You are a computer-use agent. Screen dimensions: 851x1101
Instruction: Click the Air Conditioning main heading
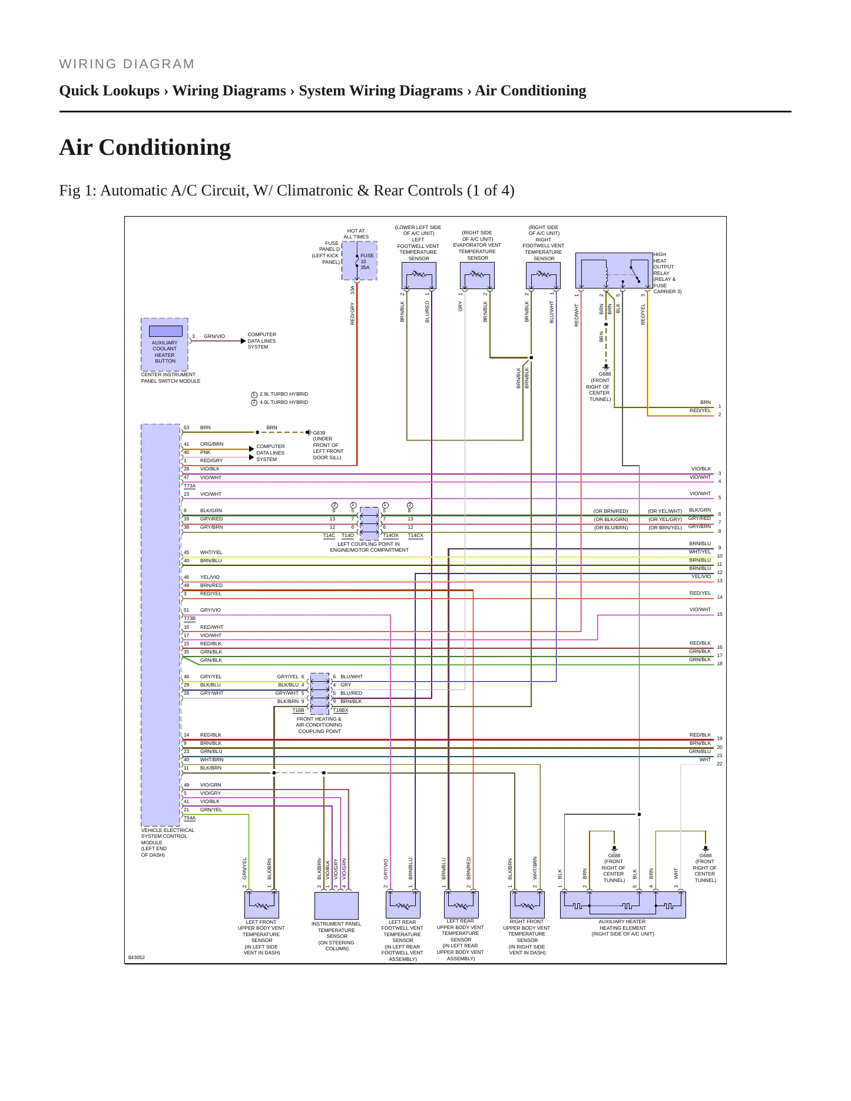point(145,147)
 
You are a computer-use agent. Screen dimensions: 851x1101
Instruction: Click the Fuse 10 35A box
point(359,260)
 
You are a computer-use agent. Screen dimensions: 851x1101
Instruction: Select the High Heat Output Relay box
point(614,271)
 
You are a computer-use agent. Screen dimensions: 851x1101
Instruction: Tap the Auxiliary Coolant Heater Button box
point(164,344)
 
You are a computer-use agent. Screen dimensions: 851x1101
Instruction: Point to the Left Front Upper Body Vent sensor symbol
point(261,905)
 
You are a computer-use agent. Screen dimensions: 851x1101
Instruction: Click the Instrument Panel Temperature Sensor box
point(336,906)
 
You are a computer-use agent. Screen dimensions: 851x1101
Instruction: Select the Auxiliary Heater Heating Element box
point(622,905)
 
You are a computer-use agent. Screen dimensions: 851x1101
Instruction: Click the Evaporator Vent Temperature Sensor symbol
point(477,276)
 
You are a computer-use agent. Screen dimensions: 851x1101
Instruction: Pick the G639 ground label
point(319,433)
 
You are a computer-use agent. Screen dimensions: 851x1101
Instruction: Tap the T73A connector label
point(190,486)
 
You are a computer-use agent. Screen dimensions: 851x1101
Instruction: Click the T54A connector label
point(190,818)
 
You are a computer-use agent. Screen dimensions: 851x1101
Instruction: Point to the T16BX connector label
point(340,711)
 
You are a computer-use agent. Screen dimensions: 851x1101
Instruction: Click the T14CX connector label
point(415,536)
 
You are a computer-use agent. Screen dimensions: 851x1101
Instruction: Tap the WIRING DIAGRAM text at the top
point(127,64)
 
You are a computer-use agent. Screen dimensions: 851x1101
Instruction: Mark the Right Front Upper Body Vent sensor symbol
point(527,905)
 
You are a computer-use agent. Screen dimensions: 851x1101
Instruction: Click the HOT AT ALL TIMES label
point(356,234)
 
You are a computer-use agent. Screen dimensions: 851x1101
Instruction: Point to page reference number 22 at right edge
point(720,764)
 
